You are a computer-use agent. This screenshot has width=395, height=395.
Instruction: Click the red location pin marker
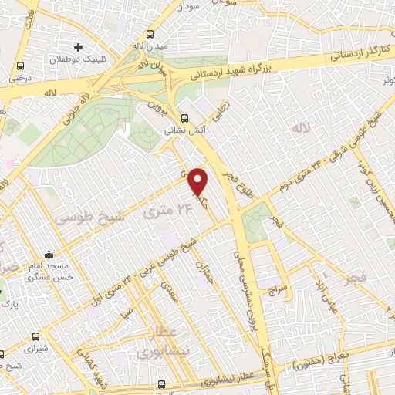point(199,181)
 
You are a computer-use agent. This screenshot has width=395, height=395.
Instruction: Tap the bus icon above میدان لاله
point(150,35)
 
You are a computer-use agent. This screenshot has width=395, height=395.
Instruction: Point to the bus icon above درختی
point(20,66)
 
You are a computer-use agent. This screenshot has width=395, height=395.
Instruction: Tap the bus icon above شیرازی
point(36,336)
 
